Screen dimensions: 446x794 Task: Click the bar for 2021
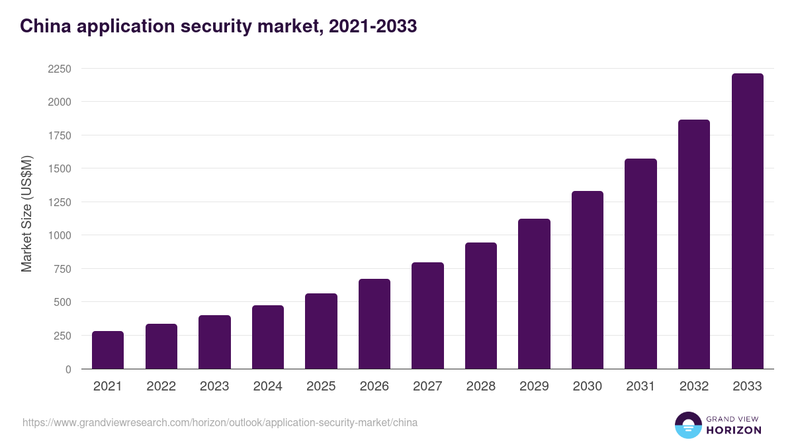[x=108, y=350]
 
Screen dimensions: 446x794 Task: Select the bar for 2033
[x=747, y=221]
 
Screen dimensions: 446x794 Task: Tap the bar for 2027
[x=427, y=316]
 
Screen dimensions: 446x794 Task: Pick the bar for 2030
[x=588, y=280]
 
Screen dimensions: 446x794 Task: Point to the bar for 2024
[x=268, y=337]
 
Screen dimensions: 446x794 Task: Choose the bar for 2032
[x=694, y=244]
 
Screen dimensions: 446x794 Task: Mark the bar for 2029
[x=534, y=294]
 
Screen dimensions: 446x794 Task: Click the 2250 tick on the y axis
[x=60, y=69]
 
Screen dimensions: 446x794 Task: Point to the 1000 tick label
[x=60, y=235]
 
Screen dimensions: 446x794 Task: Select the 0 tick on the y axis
[x=69, y=369]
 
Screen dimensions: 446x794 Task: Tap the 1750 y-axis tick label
[x=60, y=135]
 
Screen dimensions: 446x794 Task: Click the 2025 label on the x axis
[x=321, y=387]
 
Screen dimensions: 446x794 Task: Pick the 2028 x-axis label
[x=481, y=387]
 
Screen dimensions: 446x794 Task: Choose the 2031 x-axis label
[x=640, y=387]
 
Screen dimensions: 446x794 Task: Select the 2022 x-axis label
[x=161, y=387]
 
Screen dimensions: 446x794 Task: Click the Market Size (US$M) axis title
[x=26, y=213]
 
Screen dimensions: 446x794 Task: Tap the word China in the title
[x=41, y=26]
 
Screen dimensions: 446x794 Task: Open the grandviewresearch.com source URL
[x=220, y=422]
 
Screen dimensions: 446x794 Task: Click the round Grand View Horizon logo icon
[x=687, y=426]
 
